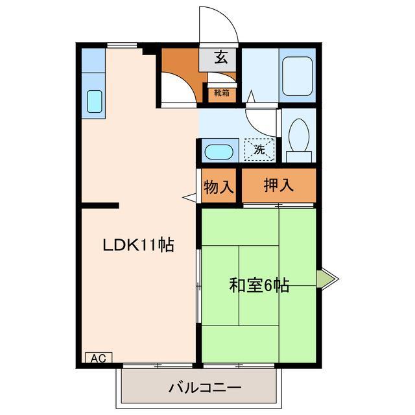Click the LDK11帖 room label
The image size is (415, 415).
(x=138, y=245)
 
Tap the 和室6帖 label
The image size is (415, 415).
(x=257, y=284)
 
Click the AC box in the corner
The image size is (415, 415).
(x=98, y=357)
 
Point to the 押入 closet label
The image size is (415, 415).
(x=279, y=185)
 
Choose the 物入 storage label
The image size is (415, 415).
(x=219, y=187)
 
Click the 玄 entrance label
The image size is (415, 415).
(x=221, y=58)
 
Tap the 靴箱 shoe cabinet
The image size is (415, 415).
(x=222, y=93)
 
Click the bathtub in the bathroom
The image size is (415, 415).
(x=298, y=77)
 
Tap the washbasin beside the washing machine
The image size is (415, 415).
(x=219, y=153)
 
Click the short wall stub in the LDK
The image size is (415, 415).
(x=101, y=206)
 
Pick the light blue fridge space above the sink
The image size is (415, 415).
(x=93, y=60)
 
